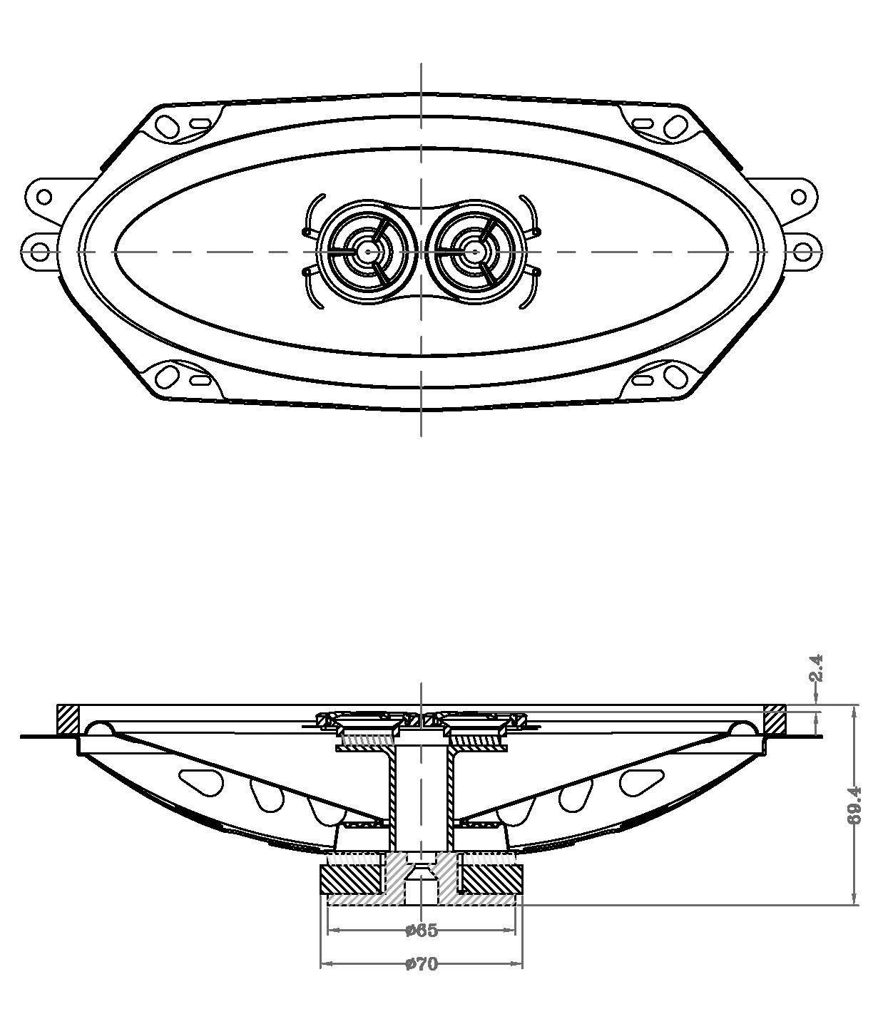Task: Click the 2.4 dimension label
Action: (816, 668)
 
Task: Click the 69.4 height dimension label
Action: (854, 812)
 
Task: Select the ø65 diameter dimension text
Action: (422, 930)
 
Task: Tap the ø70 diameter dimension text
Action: (422, 964)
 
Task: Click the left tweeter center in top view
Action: (367, 252)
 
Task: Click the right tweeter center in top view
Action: (474, 252)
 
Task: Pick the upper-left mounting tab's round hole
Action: (44, 197)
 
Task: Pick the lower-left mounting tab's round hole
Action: (40, 253)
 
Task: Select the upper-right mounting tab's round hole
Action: (798, 197)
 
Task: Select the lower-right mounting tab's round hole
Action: (802, 253)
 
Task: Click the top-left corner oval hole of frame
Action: (167, 126)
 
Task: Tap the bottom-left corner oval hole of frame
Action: (167, 377)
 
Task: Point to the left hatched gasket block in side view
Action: (67, 719)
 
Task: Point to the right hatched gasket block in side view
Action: (775, 719)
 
